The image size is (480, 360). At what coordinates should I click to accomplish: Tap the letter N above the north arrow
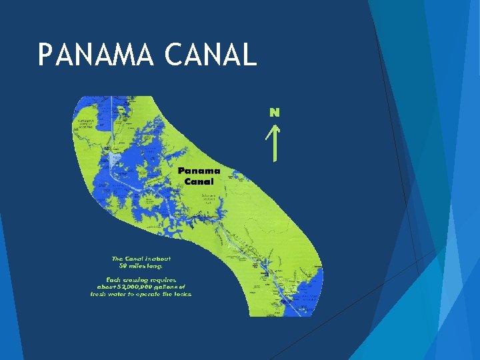point(274,112)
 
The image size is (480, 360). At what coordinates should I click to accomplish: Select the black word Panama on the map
point(199,171)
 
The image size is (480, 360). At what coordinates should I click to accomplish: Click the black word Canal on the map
point(199,181)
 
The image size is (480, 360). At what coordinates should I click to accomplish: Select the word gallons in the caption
point(172,286)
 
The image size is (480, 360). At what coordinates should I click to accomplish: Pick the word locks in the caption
point(181,293)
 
